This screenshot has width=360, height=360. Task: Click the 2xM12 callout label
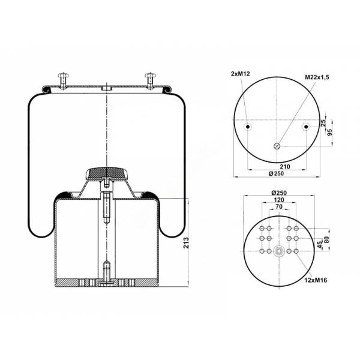pos(240,74)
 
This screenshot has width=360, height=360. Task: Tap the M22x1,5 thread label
pos(317,77)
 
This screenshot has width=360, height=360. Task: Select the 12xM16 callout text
pos(316,280)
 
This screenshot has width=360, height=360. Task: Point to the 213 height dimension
pos(186,242)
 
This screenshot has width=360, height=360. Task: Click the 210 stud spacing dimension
pos(284,166)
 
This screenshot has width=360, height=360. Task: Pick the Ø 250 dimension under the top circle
pos(276,173)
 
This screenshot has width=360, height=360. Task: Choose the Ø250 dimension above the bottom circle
pos(279,193)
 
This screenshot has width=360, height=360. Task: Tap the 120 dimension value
pos(279,200)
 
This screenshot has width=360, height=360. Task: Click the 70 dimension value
pos(279,207)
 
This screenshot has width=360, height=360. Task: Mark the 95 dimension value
pos(329,133)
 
